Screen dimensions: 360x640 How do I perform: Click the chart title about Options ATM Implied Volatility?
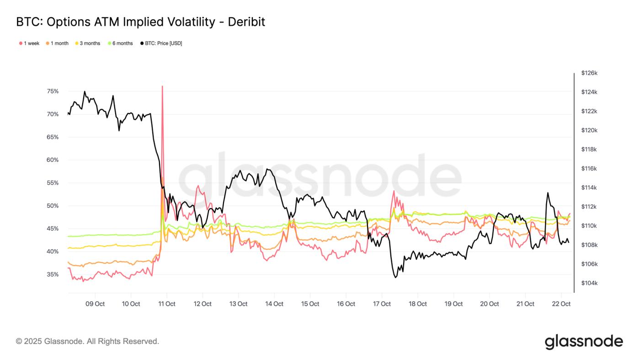pos(140,21)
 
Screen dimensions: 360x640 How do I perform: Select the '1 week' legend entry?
pos(29,43)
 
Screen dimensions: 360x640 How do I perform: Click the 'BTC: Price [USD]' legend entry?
pos(161,43)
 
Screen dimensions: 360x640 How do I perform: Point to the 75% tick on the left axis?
pos(53,91)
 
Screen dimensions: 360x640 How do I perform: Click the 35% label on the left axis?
pos(53,274)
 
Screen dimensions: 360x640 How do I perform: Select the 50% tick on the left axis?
pos(53,206)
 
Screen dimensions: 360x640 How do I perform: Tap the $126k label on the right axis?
pos(589,73)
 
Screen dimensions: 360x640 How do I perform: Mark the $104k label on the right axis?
pos(589,283)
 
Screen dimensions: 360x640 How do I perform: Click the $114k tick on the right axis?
pos(589,188)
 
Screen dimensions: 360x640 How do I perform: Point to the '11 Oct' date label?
pos(167,304)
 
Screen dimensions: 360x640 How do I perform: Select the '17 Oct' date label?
pos(382,304)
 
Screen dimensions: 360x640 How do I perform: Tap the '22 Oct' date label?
pos(561,304)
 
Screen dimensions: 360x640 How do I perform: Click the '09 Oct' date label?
pos(95,304)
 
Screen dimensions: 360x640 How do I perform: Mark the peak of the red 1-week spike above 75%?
pos(162,86)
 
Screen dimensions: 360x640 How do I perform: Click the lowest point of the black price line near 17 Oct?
pos(395,277)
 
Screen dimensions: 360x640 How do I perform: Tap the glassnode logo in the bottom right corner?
pos(583,342)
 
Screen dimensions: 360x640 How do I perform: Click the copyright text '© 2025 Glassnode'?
pos(87,341)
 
